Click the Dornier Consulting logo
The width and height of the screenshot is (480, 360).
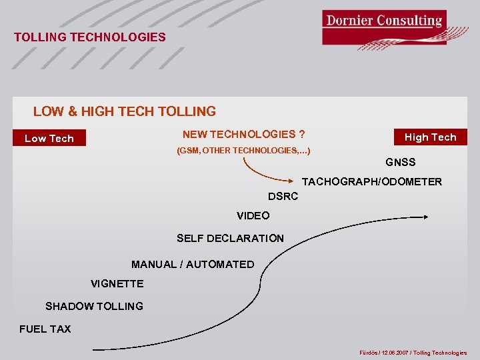[x=384, y=28]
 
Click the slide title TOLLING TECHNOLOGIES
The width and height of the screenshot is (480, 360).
[x=90, y=37]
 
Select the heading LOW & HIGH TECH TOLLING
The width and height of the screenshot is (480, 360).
[x=125, y=111]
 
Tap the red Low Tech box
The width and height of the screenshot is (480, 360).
[x=49, y=139]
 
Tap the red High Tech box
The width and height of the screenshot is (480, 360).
[x=430, y=137]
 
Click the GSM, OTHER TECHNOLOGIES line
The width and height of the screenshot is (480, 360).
[x=243, y=151]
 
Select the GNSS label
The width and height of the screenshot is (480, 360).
[x=400, y=162]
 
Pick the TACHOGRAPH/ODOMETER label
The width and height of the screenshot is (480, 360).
[x=371, y=181]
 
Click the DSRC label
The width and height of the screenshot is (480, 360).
[x=283, y=197]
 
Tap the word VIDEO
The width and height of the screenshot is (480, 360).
[x=253, y=215]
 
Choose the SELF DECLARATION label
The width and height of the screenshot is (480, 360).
[x=230, y=238]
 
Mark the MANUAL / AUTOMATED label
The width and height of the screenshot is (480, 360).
[x=193, y=264]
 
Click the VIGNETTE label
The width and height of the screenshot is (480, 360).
[x=117, y=283]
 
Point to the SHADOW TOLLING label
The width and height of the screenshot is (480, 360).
[x=94, y=306]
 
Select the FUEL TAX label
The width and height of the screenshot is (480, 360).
[x=45, y=329]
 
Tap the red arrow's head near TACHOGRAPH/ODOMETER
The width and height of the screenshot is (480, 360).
[x=294, y=181]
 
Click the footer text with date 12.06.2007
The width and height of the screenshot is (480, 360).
[x=413, y=353]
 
